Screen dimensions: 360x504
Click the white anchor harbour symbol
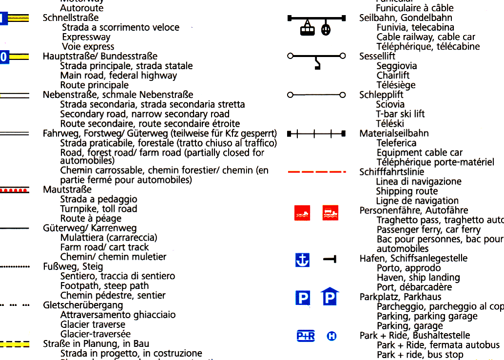[303, 260]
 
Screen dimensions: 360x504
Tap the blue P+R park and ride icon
[306, 336]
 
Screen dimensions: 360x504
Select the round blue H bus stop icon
[332, 336]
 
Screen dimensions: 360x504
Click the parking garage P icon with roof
[330, 297]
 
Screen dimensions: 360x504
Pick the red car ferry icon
[330, 213]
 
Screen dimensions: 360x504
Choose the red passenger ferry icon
[302, 213]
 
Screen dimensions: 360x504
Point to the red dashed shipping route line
[317, 172]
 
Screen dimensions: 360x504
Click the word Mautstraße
[67, 189]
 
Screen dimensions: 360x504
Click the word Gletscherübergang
[83, 305]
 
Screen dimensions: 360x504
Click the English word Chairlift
[393, 76]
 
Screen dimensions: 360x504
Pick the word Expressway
[86, 37]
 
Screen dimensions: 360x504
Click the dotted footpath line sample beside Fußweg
[15, 267]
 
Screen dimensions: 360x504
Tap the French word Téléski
[390, 124]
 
